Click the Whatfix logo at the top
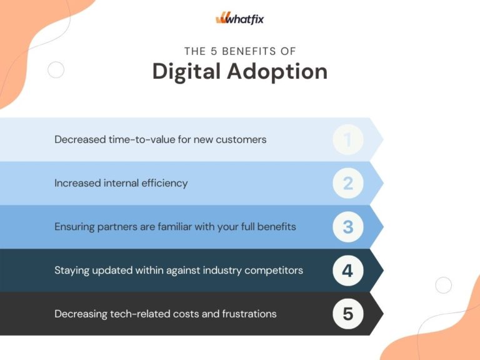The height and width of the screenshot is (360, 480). [x=240, y=19]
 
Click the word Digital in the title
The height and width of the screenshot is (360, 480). [x=186, y=72]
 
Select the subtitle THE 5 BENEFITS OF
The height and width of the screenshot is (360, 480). [x=240, y=51]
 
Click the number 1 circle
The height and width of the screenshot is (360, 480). [x=347, y=139]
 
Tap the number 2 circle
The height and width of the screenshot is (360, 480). [x=347, y=183]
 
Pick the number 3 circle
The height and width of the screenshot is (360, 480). [x=347, y=227]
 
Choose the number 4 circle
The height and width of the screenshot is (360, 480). [x=347, y=271]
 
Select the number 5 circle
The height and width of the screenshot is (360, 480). [x=347, y=314]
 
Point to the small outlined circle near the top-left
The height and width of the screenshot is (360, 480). [x=56, y=70]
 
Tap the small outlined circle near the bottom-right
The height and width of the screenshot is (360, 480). [x=443, y=286]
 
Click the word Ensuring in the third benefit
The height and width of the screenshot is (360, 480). [x=74, y=227]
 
